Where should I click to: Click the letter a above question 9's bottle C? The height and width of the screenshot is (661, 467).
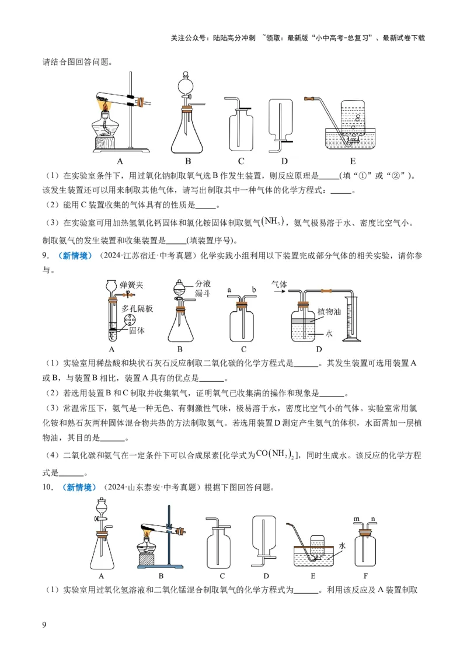click(x=229, y=288)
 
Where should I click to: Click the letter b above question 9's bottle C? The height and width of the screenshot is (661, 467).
click(x=254, y=288)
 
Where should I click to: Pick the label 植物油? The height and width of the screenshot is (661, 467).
click(x=330, y=312)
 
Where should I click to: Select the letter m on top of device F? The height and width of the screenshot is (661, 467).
click(x=357, y=517)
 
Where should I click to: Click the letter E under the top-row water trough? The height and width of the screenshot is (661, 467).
click(x=353, y=161)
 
